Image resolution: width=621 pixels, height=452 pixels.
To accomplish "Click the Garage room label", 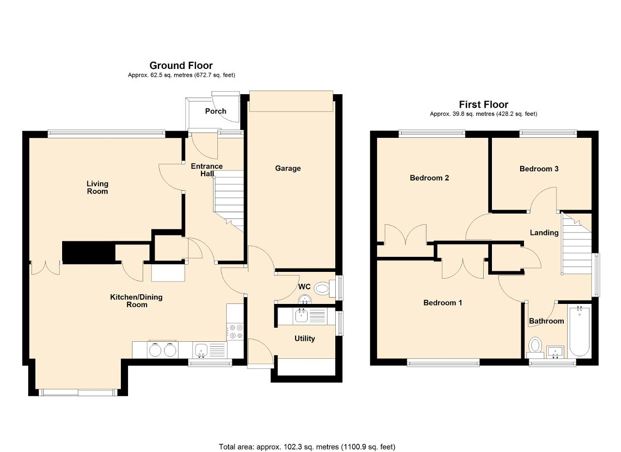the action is pos(288,168).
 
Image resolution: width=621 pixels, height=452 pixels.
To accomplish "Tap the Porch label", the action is pos(215,111).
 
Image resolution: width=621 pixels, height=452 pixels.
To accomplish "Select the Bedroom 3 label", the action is pos(539,168).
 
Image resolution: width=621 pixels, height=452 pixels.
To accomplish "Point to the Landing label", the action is pos(544,233).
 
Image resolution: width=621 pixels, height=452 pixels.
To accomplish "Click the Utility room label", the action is pos(304,338).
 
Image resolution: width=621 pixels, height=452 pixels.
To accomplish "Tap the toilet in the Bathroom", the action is pos(535,349).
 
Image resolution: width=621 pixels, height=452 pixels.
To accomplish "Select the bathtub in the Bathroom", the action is pos(579,332).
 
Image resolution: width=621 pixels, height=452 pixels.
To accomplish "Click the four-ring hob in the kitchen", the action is pos(235,332).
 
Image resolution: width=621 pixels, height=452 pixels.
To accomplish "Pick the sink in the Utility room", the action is pos(302,317).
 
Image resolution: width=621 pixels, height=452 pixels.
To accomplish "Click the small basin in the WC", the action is pos(305,299).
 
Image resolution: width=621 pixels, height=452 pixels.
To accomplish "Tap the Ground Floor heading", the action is pos(181,66).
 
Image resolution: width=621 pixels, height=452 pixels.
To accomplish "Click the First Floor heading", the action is pos(484,104).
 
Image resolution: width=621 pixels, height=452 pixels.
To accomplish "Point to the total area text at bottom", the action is pos(307,439).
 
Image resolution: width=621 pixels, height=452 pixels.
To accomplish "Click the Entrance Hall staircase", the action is pos(229,201).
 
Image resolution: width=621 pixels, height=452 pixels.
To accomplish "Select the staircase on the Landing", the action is pos(576,244).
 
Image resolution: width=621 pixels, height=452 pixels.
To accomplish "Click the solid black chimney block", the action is pos(89,252).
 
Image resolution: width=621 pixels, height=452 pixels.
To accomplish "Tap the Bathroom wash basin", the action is pos(555,352).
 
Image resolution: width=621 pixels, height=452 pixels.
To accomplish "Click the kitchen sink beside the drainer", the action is pos(201,350).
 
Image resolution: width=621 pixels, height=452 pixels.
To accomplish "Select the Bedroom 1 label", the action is pos(443,303).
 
